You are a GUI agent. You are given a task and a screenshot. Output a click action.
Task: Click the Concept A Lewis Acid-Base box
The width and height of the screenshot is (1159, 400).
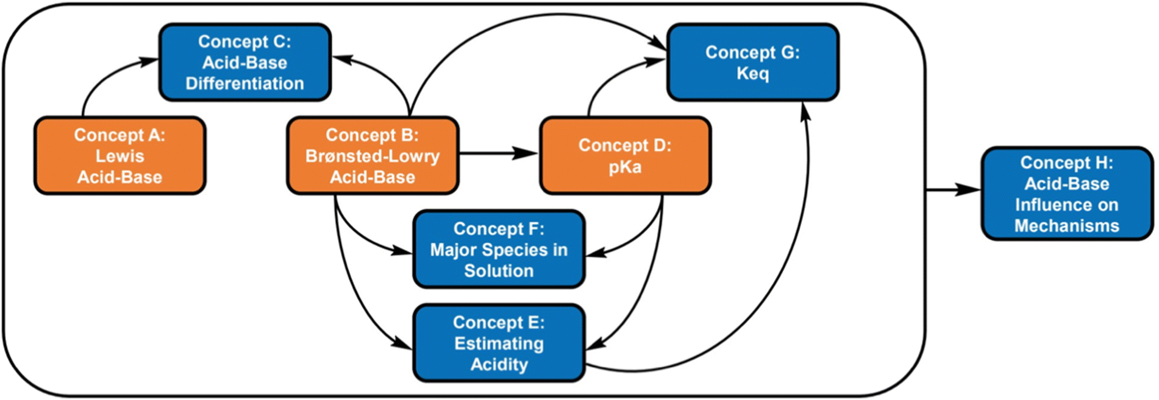pyautogui.click(x=120, y=156)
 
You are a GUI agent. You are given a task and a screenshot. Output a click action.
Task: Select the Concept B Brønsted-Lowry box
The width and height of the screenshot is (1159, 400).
pyautogui.click(x=373, y=156)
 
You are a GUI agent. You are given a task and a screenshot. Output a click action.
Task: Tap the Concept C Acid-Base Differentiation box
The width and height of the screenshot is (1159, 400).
pyautogui.click(x=245, y=62)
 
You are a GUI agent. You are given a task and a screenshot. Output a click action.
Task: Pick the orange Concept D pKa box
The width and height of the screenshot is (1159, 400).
pyautogui.click(x=625, y=156)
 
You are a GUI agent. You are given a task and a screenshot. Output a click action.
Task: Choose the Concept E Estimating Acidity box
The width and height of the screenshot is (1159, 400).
pyautogui.click(x=499, y=343)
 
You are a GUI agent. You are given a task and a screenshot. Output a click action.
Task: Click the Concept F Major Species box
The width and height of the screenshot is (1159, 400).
pyautogui.click(x=499, y=250)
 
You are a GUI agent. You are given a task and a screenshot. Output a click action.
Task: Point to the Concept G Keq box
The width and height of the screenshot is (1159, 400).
pyautogui.click(x=753, y=62)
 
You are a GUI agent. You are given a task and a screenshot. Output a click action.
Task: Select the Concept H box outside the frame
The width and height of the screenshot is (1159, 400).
pyautogui.click(x=1067, y=194)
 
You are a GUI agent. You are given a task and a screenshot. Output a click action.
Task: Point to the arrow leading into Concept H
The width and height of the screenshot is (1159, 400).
pyautogui.click(x=953, y=190)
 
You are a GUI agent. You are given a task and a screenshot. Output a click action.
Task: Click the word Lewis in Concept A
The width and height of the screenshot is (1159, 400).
pyautogui.click(x=120, y=156)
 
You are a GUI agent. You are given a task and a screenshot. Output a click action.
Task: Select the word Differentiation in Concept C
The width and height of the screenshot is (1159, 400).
pyautogui.click(x=245, y=83)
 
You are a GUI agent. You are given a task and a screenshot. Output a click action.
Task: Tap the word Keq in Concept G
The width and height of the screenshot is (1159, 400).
pyautogui.click(x=753, y=74)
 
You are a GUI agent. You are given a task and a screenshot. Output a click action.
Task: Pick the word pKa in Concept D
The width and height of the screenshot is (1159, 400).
pyautogui.click(x=625, y=167)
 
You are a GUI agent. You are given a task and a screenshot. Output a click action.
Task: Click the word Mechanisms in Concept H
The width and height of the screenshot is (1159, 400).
pyautogui.click(x=1067, y=226)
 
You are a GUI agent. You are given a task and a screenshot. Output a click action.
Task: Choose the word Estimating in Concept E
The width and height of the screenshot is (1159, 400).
pyautogui.click(x=499, y=343)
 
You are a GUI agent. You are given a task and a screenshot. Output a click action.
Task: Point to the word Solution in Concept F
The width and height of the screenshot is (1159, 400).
pyautogui.click(x=499, y=271)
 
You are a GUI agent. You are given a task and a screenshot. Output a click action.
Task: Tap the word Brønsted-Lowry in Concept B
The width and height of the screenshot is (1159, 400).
pyautogui.click(x=373, y=156)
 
